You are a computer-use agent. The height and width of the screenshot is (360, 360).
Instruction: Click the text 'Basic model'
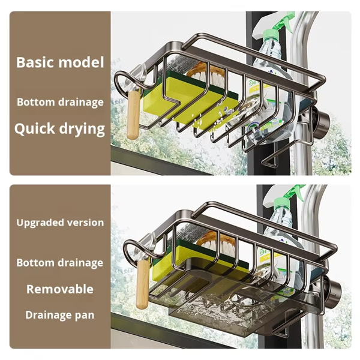point(60,62)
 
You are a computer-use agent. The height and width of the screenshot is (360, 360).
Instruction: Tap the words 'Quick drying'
point(60,128)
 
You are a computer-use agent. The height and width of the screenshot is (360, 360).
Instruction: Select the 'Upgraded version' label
point(60,223)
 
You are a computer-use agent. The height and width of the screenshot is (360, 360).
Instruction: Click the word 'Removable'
point(60,289)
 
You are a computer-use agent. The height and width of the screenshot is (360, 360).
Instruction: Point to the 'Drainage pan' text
point(60,314)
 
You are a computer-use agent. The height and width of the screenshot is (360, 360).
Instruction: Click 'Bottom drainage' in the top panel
point(60,102)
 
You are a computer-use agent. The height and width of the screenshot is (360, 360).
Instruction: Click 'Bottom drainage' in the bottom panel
point(60,263)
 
